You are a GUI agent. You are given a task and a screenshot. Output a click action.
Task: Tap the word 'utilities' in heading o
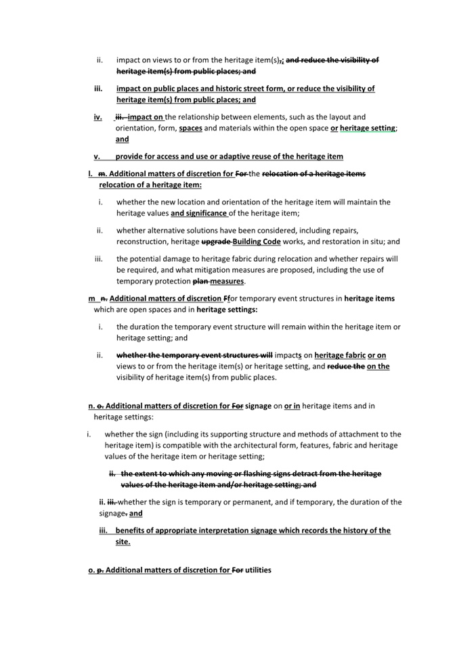tap(258, 570)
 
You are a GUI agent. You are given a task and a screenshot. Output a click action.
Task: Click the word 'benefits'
tap(131, 530)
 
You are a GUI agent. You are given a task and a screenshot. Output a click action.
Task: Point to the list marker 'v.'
tap(97, 156)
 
